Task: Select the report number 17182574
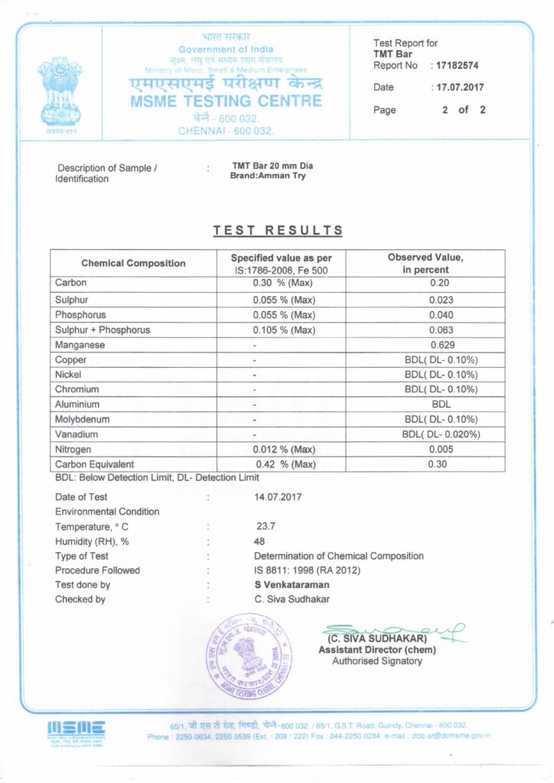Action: (x=462, y=66)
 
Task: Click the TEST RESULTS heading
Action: (x=278, y=231)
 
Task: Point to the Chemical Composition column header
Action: (x=133, y=263)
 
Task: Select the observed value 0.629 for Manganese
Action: (x=441, y=345)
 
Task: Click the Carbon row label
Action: (x=71, y=283)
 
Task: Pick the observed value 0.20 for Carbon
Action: (x=441, y=283)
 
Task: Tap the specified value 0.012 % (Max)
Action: (x=284, y=449)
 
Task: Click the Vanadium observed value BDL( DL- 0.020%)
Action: (x=441, y=434)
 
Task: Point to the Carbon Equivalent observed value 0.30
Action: (x=441, y=464)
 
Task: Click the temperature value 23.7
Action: (x=266, y=527)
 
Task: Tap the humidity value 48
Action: (x=259, y=541)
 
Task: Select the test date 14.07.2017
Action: (x=278, y=497)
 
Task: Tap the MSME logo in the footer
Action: (x=76, y=729)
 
